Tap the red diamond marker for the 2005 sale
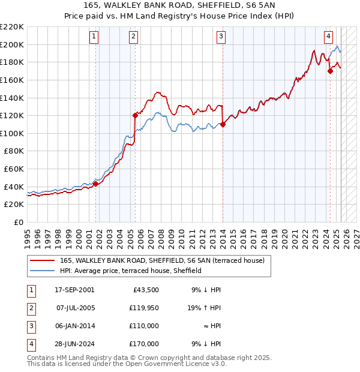click(135, 115)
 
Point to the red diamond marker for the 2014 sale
click(223, 124)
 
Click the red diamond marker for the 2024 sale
click(330, 71)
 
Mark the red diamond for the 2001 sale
click(95, 184)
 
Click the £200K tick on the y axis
click(12, 44)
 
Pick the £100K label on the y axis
click(12, 133)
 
